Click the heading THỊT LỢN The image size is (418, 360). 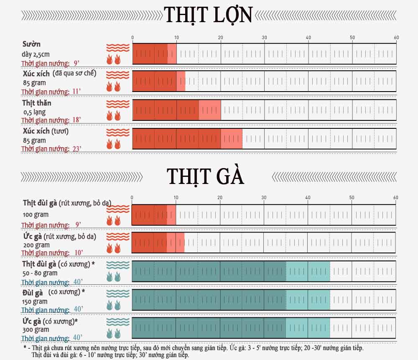tap(209, 15)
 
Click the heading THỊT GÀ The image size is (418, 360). tap(205, 176)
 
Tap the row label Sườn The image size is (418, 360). tap(31, 44)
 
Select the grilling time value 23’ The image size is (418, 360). tap(77, 148)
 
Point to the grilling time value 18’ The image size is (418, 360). tap(76, 120)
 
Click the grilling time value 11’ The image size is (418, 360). tap(76, 92)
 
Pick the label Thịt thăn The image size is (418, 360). tap(37, 102)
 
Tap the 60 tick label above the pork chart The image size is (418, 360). tap(396, 38)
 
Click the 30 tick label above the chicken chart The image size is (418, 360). tap(264, 198)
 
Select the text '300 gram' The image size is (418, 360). tap(35, 330)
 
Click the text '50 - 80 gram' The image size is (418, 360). tap(40, 273)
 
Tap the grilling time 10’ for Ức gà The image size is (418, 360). tap(78, 253)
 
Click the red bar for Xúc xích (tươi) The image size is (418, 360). tap(187, 139)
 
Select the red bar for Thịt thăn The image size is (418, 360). tap(176, 110)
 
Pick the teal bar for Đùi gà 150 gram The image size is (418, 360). tap(230, 299)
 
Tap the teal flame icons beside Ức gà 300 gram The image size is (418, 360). tap(113, 333)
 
